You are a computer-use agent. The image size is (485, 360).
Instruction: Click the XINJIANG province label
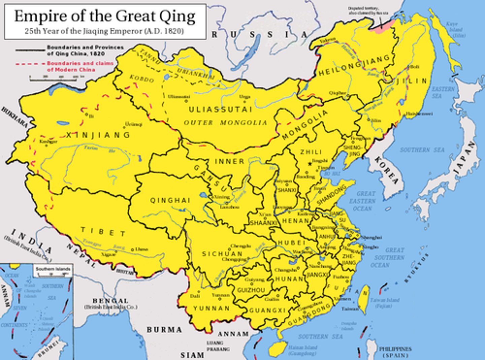(98, 135)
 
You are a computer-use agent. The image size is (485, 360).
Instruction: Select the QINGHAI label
(170, 200)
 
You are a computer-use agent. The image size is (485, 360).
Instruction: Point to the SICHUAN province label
(222, 254)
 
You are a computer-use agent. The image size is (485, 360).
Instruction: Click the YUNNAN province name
(212, 308)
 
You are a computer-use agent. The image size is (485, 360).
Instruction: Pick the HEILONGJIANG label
(354, 66)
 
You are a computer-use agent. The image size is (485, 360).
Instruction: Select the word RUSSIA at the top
(259, 34)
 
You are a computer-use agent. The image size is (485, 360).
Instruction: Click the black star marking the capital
(310, 164)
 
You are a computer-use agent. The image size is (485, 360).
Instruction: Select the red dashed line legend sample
(30, 63)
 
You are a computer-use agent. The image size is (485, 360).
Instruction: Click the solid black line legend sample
(30, 50)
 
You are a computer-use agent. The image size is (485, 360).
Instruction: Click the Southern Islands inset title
(53, 269)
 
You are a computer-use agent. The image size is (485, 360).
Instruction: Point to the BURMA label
(164, 330)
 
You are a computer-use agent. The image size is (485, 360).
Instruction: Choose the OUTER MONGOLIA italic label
(225, 123)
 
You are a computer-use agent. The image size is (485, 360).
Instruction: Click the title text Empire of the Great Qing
(105, 16)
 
